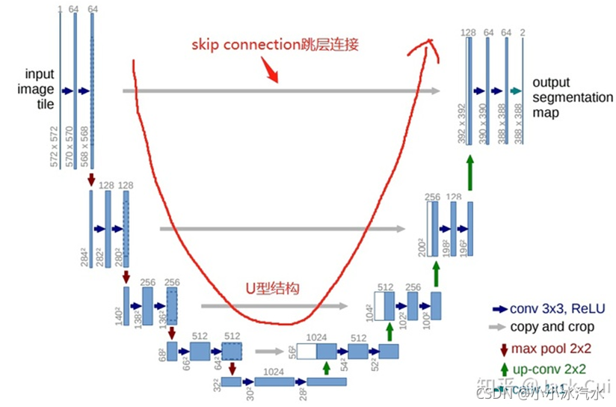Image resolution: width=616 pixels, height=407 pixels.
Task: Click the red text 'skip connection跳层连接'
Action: click(x=275, y=45)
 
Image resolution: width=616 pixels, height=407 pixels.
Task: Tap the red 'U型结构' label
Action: click(x=272, y=288)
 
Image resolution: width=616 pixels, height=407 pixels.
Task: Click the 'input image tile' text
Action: click(x=40, y=89)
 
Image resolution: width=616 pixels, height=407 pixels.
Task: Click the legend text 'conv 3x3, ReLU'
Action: click(x=557, y=308)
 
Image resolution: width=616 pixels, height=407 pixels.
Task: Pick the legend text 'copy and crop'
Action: click(x=552, y=327)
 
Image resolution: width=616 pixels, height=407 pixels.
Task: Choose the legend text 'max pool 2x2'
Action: click(x=552, y=349)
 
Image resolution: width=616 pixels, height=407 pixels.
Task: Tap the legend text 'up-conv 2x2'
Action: click(x=549, y=369)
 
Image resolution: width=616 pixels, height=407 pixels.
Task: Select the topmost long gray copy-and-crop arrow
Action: click(x=281, y=91)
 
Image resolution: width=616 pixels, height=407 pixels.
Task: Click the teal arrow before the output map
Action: click(x=515, y=91)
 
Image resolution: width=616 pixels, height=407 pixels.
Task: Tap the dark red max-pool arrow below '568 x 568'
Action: click(x=91, y=180)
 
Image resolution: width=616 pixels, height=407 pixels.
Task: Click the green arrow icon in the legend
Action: click(x=505, y=369)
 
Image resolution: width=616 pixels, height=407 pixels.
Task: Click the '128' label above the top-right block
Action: click(x=469, y=32)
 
